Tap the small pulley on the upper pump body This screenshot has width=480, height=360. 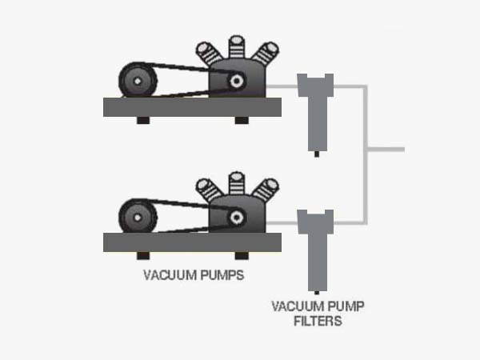[237, 81]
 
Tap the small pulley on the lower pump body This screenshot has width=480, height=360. [237, 217]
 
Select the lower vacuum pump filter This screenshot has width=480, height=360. [314, 244]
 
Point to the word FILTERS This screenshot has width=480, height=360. [317, 322]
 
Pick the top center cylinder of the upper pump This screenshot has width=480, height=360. [236, 47]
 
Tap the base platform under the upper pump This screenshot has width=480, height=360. [192, 106]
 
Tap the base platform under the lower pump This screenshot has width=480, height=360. [192, 242]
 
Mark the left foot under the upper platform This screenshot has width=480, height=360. [143, 120]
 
